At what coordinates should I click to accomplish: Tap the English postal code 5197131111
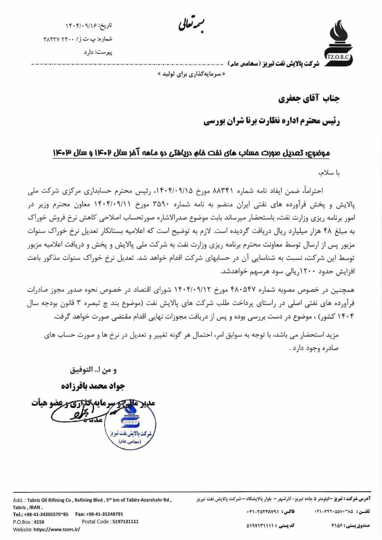point(123,522)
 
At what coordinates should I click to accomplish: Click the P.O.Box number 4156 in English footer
point(39,522)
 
